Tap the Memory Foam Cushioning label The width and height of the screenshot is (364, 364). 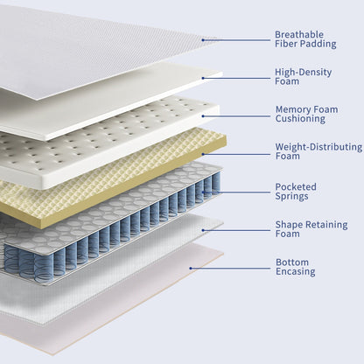coord(305,114)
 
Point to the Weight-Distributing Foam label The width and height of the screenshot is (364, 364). coord(314,152)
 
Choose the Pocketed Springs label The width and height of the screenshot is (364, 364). coord(296,192)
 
